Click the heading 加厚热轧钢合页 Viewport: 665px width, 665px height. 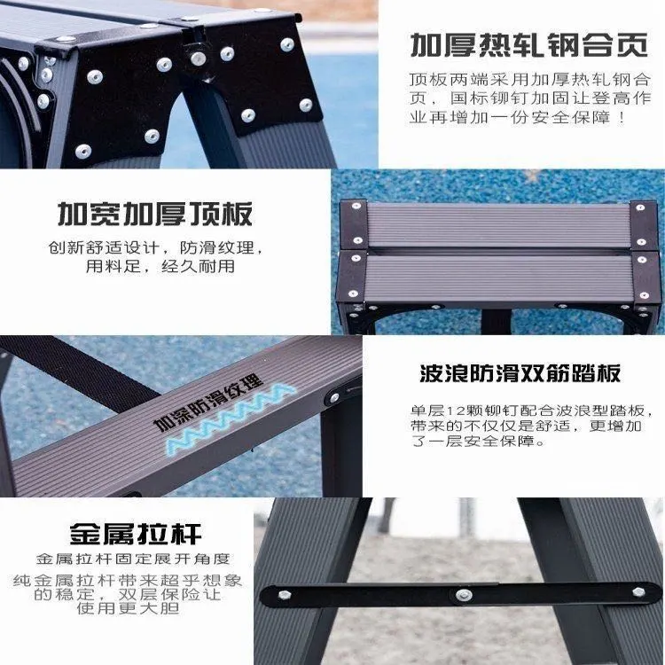click(529, 45)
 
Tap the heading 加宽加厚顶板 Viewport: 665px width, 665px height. click(155, 214)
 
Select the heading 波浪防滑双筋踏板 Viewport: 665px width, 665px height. click(520, 373)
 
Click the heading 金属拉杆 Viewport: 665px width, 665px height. click(136, 534)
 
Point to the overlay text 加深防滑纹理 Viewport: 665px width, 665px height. click(207, 401)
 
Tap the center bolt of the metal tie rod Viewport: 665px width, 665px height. click(464, 595)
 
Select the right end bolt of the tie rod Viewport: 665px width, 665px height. click(638, 592)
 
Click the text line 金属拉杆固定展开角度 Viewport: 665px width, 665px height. click(133, 559)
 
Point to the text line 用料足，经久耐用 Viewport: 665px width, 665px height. click(160, 266)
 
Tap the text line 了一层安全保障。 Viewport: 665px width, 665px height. click(478, 441)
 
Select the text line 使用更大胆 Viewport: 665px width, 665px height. click(128, 608)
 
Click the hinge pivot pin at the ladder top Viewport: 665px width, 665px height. click(198, 59)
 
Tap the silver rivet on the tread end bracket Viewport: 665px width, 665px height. click(334, 398)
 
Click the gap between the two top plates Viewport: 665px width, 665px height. click(498, 252)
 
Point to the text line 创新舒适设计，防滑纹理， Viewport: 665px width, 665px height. click(155, 247)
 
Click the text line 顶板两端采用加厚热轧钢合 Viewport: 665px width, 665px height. click(529, 80)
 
